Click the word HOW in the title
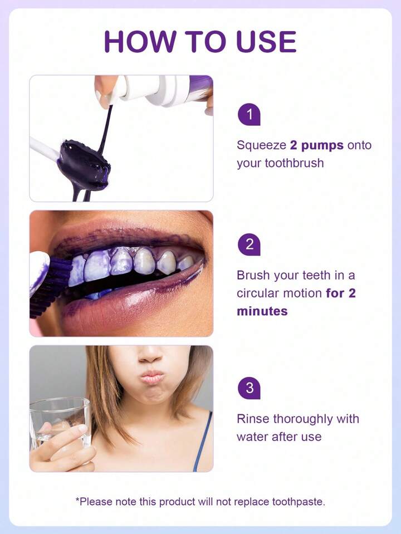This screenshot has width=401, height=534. click(139, 42)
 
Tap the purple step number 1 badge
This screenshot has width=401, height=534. click(249, 115)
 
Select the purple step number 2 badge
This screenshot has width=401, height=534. click(249, 244)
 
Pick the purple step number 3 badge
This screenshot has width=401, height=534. click(249, 388)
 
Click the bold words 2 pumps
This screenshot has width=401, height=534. click(317, 145)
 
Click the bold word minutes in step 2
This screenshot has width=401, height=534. click(262, 311)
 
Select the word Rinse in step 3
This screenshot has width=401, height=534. click(252, 419)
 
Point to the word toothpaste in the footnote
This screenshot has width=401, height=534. click(298, 502)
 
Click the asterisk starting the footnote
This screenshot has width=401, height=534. click(77, 500)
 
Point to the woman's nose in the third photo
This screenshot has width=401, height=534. click(150, 354)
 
